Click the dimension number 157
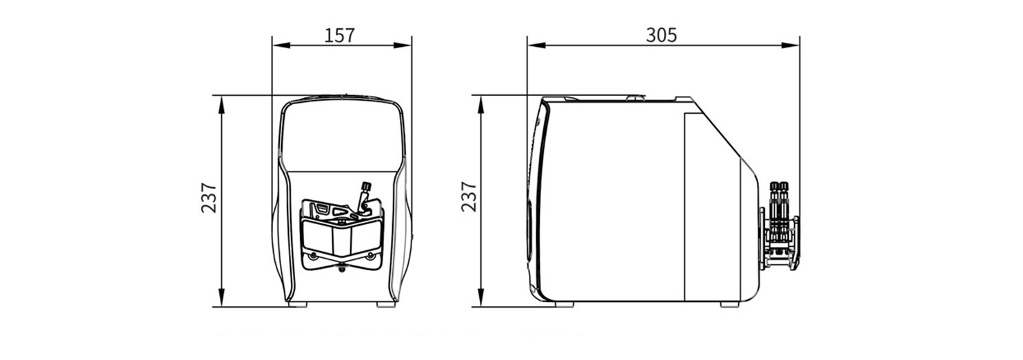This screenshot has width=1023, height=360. pos(339,36)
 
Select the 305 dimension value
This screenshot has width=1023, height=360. pos(661,35)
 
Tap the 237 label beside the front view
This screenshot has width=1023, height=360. pos(209,197)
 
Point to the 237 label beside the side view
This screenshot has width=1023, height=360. pos(468,197)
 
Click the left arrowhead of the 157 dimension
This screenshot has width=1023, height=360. pos(281,46)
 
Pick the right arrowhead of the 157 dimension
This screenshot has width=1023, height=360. pos(403,46)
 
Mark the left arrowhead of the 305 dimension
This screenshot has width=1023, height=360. pos(536,46)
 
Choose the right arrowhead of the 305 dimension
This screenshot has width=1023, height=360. pos(790,46)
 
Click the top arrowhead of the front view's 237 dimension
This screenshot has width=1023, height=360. pos(221,105)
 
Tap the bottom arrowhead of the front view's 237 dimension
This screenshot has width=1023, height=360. pos(221,297)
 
